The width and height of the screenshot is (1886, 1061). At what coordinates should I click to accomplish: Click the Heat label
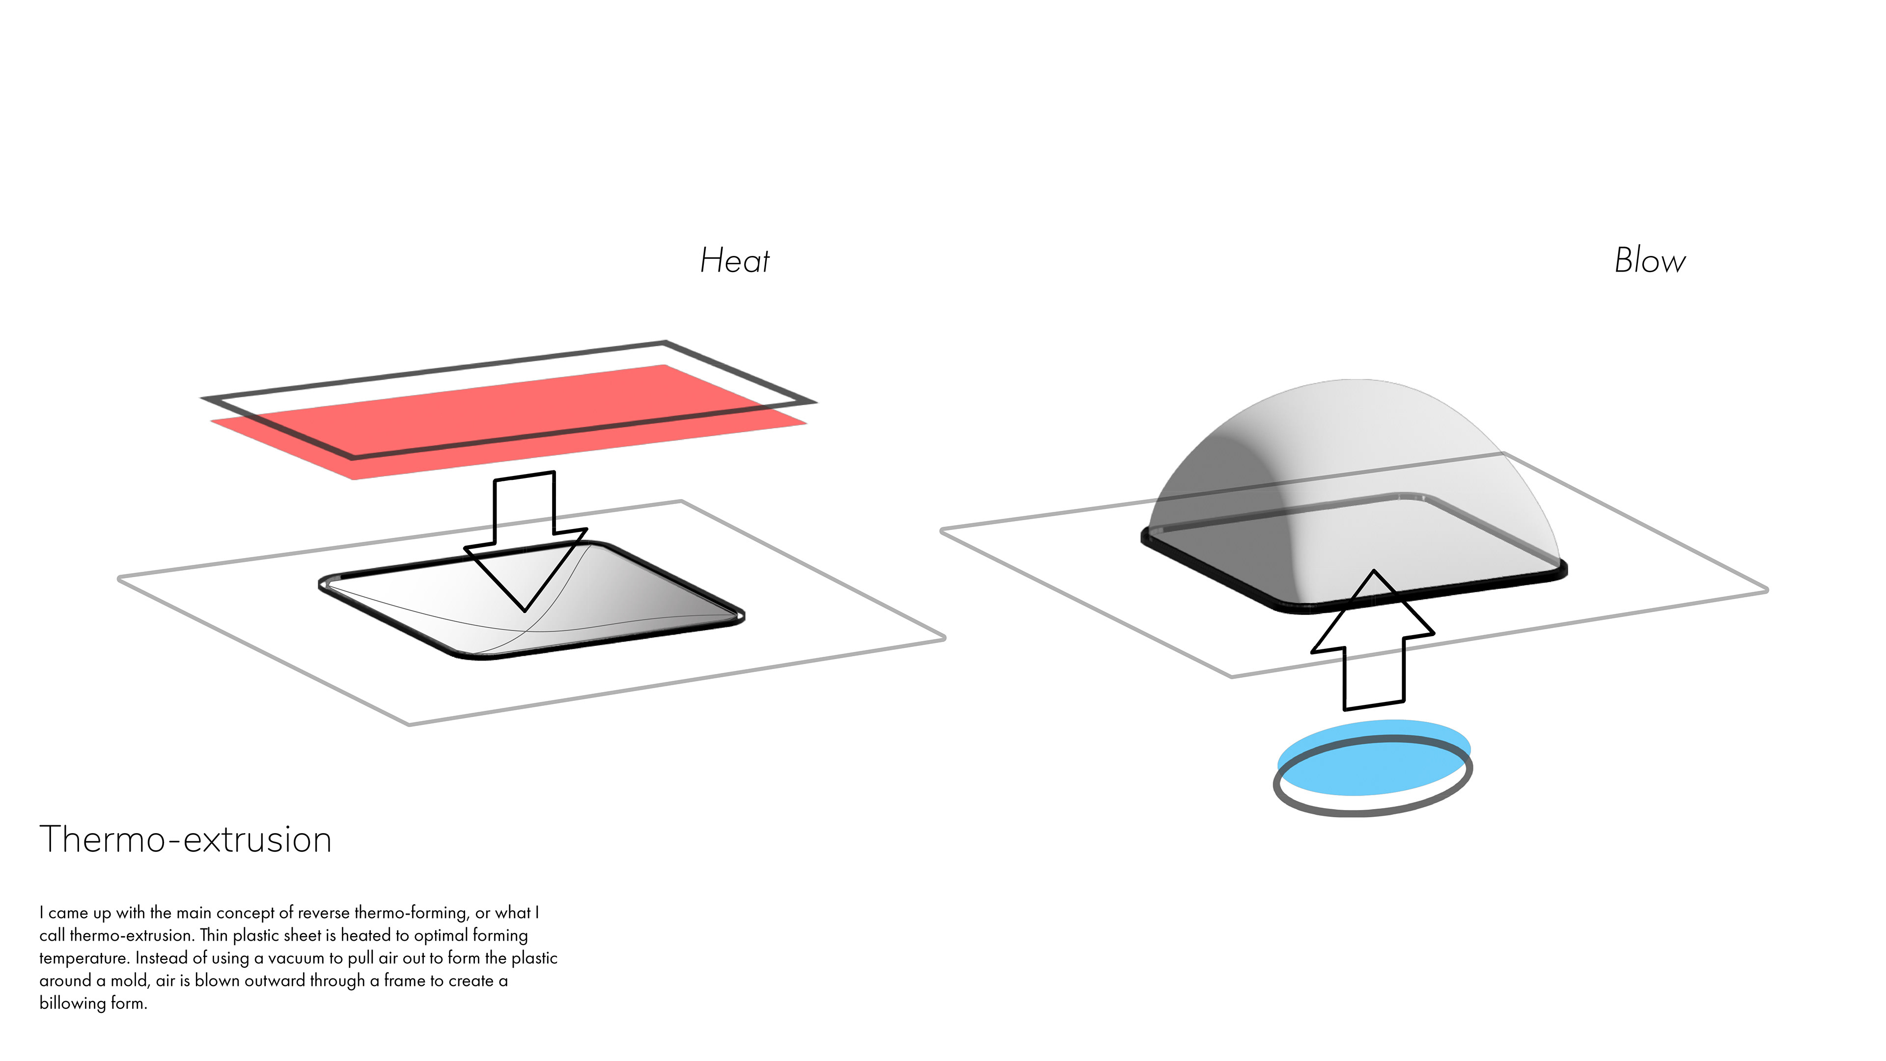point(734,261)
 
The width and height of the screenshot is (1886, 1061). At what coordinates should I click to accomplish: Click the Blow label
point(1650,261)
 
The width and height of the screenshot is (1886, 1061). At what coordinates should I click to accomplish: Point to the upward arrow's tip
point(1374,573)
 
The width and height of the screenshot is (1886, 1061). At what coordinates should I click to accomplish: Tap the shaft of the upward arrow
point(1374,670)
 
